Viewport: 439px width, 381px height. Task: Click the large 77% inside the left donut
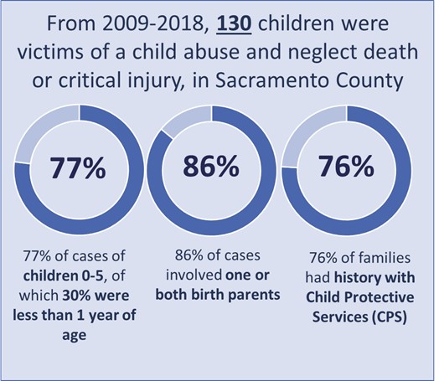coord(76,169)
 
